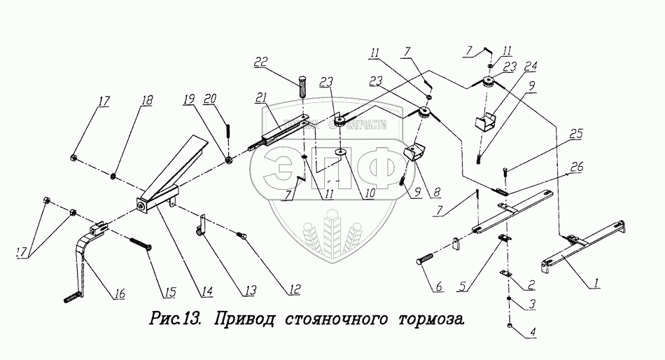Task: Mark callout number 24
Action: point(531,68)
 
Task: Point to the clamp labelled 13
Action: point(199,226)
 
